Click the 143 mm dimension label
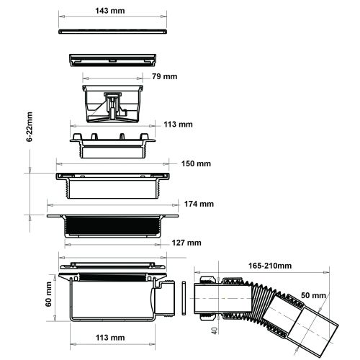pos(110,11)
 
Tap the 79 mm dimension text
pos(165,76)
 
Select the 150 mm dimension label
pos(196,163)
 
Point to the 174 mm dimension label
pos(199,204)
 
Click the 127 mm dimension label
pos(186,243)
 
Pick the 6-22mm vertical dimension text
pos(30,127)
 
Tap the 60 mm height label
pos(48,294)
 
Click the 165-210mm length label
pos(270,266)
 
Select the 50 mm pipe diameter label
pos(313,295)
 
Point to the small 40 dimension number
pos(215,330)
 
